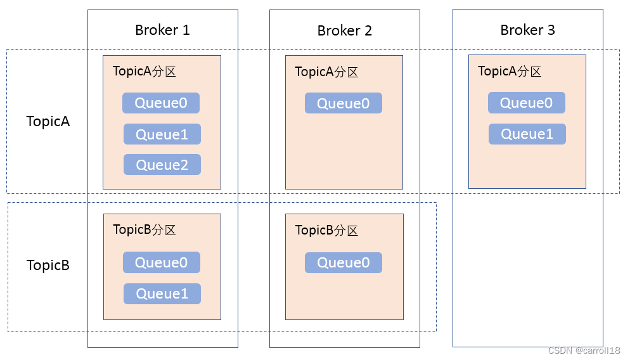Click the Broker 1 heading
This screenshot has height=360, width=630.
pos(162,30)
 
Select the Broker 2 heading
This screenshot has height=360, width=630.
pos(344,30)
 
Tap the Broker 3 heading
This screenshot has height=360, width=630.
pos(527,30)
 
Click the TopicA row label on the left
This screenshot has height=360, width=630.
pos(48,121)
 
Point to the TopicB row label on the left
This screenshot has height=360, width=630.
pos(48,265)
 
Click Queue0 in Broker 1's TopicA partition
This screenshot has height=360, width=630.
pos(161,103)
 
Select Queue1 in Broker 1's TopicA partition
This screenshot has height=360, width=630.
pos(162,134)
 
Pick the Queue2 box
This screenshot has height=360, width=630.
pos(162,165)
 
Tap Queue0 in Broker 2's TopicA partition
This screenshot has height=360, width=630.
pos(343,103)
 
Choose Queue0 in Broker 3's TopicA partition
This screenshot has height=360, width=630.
pos(526,103)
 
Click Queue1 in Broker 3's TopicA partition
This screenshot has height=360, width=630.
pos(527,134)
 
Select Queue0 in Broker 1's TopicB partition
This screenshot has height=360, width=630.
pos(162,262)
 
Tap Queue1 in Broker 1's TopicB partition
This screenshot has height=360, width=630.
pos(162,293)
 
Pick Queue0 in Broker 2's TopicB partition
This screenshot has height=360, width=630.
pos(343,263)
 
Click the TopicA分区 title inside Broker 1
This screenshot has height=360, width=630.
pos(145,71)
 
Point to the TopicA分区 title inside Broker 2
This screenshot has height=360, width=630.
pos(326,72)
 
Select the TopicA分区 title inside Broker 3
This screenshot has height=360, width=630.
pos(510,71)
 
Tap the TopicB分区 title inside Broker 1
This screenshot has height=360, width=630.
pos(145,230)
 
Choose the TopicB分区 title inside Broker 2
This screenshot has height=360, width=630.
pos(326,230)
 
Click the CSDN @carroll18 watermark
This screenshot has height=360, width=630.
pos(584,350)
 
